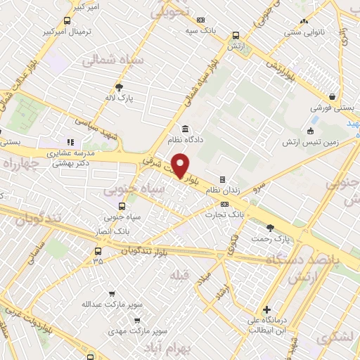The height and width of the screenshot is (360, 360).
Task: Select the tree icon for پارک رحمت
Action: [271, 227]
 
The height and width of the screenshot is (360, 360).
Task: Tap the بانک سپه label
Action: [200, 31]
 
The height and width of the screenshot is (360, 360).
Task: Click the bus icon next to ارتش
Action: [235, 34]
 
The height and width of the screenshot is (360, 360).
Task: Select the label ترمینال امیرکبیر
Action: [65, 32]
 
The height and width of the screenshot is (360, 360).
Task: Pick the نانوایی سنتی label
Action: [303, 32]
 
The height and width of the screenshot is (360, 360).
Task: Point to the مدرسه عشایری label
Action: [70, 153]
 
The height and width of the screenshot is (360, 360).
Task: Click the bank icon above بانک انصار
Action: [123, 206]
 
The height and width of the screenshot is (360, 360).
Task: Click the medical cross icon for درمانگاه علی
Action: [266, 309]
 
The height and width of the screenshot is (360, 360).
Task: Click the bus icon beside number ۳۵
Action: [98, 250]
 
